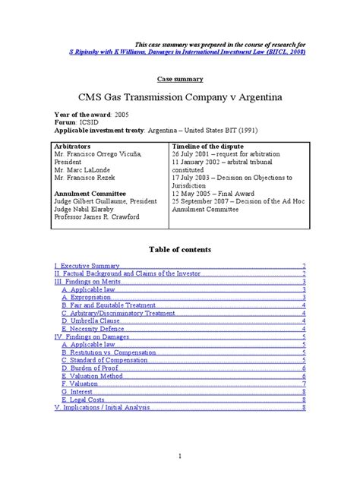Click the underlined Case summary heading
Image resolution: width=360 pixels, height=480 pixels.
(180, 78)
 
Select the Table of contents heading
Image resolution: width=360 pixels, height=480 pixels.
(180, 249)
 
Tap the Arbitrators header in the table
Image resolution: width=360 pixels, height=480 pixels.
(79, 144)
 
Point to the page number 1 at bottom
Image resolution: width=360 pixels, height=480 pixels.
(180, 456)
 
